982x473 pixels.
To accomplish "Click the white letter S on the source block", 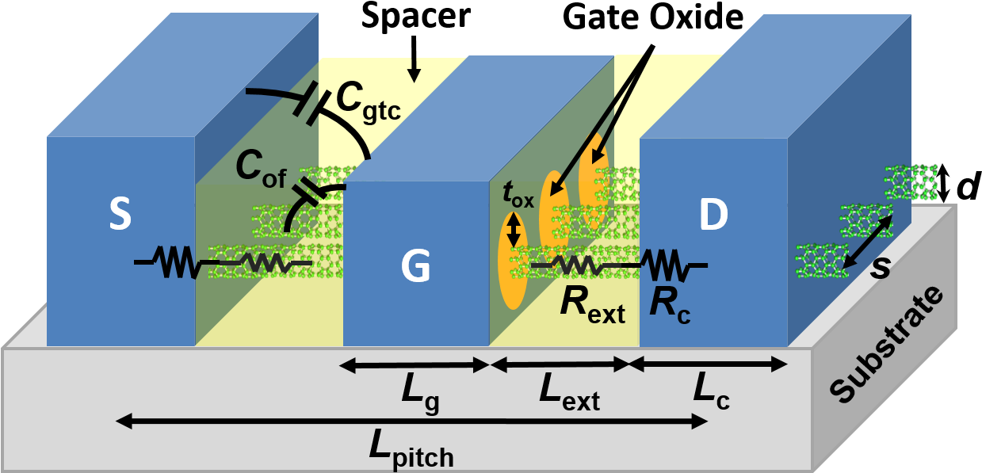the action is tap(120, 213).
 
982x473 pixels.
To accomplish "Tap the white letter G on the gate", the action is tap(415, 265).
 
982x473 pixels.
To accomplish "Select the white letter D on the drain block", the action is tap(713, 214).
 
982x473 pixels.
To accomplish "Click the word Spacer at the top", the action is tap(415, 17).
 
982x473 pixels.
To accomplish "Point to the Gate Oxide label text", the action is tap(653, 17).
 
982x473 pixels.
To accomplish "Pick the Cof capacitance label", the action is tap(262, 170).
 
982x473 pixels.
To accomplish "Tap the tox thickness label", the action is tap(518, 194).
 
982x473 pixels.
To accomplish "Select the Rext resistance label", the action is tap(593, 307).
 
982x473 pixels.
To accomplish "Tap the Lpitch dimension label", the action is tap(411, 449).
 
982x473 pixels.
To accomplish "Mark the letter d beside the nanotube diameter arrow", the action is tap(968, 186).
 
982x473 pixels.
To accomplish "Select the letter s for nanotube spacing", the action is tap(881, 268).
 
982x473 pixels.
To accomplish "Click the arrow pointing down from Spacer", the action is tap(414, 59).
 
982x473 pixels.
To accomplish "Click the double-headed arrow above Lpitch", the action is tap(411, 422).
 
